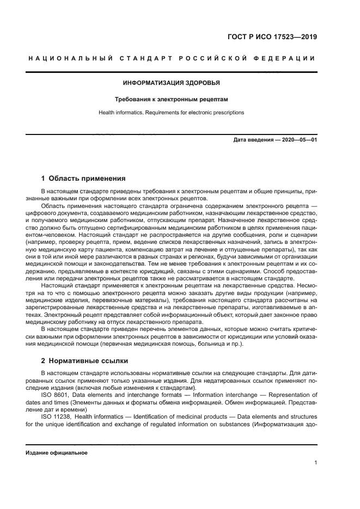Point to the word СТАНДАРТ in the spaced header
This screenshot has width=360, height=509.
(143, 59)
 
